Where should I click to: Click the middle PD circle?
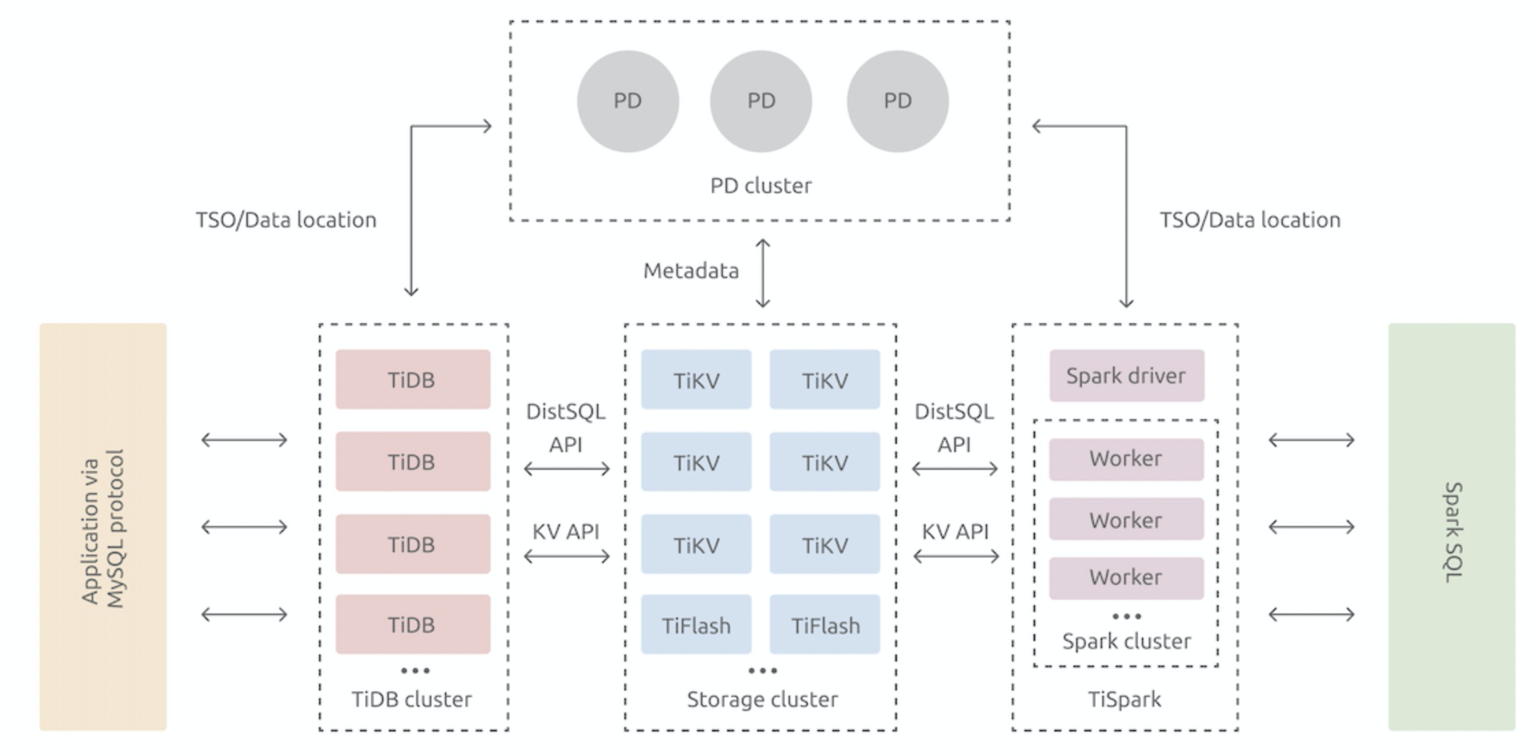tap(761, 101)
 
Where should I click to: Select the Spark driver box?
tap(1126, 375)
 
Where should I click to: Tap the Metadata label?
tap(691, 271)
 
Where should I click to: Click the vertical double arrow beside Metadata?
tap(763, 273)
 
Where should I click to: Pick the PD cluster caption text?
tap(761, 186)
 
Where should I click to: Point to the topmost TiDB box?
tap(413, 379)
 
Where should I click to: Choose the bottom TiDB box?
tap(413, 624)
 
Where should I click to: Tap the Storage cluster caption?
tap(762, 699)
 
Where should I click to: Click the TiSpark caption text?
tap(1125, 699)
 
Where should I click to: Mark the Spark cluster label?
tap(1126, 641)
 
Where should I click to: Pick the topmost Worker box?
tap(1126, 459)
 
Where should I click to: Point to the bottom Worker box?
tap(1126, 578)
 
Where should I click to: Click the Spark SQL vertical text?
tap(1453, 532)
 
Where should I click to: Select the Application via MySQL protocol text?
tap(103, 529)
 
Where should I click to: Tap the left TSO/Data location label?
tap(286, 220)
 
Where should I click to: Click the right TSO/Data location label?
tap(1250, 220)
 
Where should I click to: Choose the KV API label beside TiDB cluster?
tap(565, 531)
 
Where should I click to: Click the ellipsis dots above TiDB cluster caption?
tap(416, 670)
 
